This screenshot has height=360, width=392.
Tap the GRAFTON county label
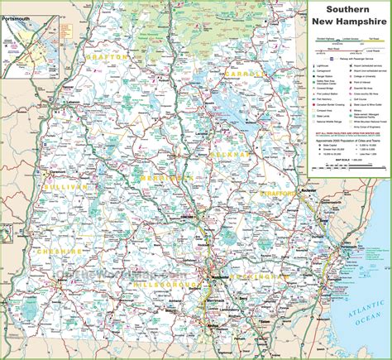(107, 58)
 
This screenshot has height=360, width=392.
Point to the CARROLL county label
(241, 74)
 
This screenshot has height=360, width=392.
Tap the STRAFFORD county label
(284, 194)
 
